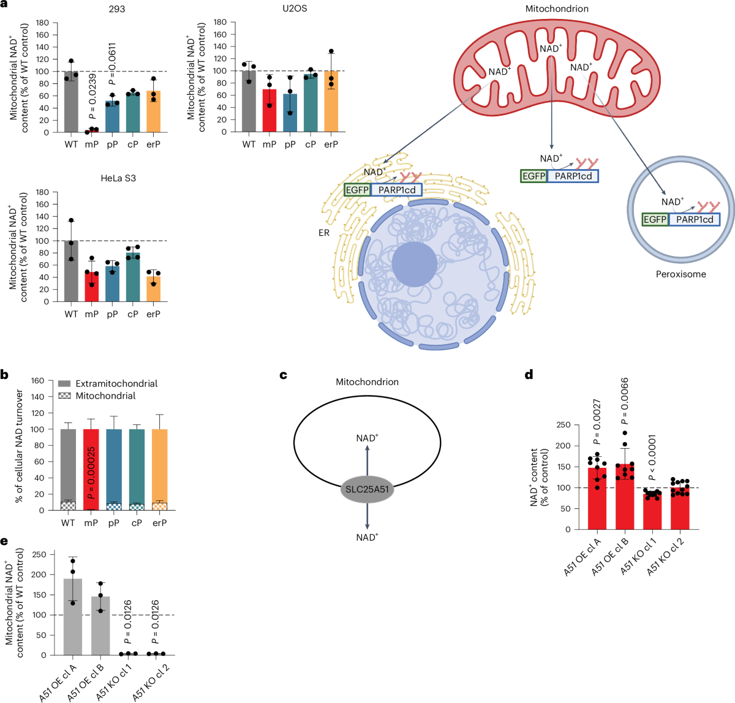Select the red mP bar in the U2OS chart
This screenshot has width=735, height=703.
tap(269, 111)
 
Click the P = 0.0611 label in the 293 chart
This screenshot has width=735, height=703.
tap(112, 64)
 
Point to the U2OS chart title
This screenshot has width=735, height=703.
tap(277, 9)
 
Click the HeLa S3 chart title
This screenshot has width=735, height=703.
tap(118, 178)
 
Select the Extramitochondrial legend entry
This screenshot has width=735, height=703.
tap(116, 383)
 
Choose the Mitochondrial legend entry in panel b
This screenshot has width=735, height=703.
tap(105, 396)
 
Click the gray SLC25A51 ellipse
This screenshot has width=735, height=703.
tap(367, 489)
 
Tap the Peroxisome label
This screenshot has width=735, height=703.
tap(681, 274)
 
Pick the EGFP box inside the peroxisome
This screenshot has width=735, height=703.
tap(655, 219)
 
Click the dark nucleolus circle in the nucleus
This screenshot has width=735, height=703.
tap(415, 264)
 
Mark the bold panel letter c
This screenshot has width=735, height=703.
tap(283, 374)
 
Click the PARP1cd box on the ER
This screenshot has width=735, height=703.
tap(397, 190)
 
